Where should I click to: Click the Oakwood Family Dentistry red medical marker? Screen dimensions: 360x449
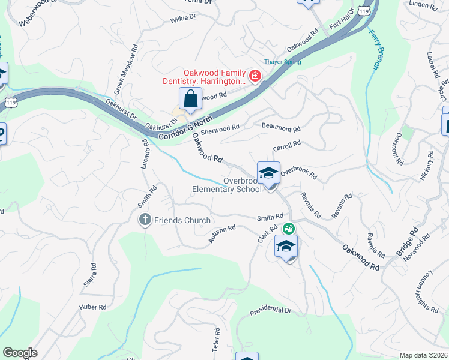[255, 76]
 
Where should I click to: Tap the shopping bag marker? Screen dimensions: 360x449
[190, 98]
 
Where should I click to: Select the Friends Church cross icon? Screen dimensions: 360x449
[145, 220]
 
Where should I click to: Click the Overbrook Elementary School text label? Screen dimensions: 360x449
[226, 185]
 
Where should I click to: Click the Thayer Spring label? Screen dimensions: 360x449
[283, 62]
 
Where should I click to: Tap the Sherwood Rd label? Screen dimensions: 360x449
[220, 127]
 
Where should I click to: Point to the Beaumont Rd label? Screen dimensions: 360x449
[281, 128]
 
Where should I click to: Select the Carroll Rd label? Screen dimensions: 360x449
[286, 146]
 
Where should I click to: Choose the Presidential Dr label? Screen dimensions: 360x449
[270, 312]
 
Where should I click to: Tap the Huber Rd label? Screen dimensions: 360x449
[92, 307]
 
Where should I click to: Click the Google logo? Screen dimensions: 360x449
[20, 353]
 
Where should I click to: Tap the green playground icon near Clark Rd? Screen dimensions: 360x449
[289, 228]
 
